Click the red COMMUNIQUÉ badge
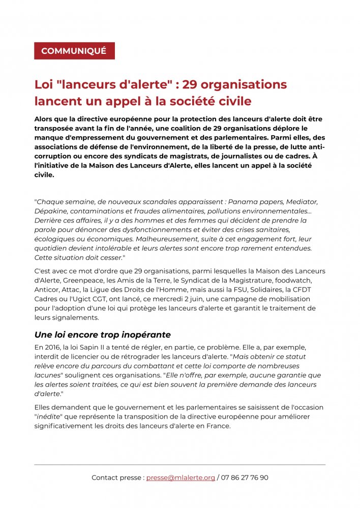(x=74, y=51)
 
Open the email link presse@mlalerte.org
(x=181, y=478)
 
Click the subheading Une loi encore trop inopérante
(x=102, y=335)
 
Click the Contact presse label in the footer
(x=116, y=478)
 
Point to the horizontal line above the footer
(x=179, y=464)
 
